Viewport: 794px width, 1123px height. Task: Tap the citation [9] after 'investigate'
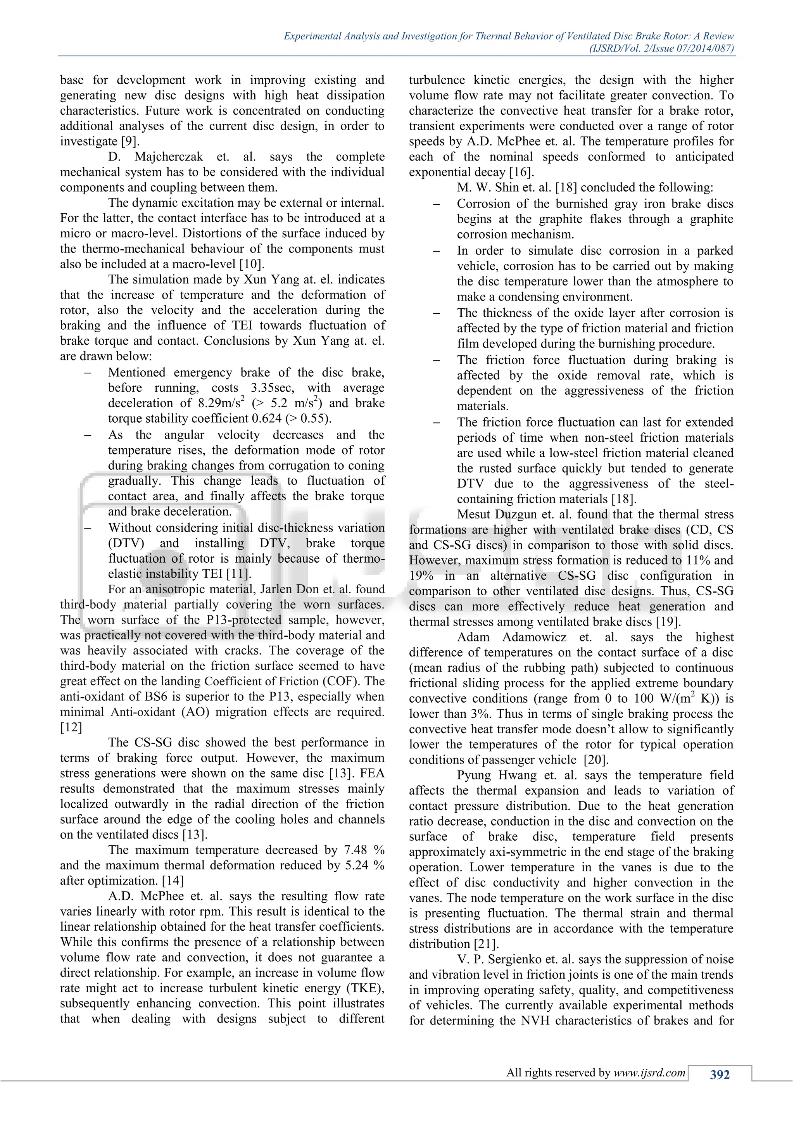click(130, 142)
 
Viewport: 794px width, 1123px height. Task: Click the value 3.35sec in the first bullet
click(272, 388)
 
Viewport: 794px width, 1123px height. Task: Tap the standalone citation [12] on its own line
click(71, 727)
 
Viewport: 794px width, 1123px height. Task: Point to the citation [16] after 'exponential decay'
click(522, 173)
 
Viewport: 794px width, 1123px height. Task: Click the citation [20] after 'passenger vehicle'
click(597, 760)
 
